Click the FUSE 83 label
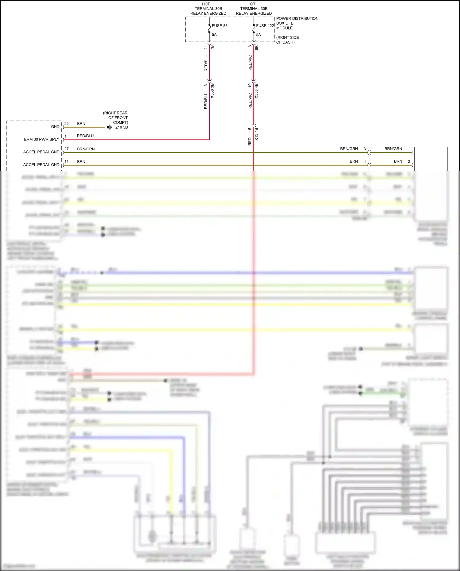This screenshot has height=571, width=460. tap(220, 26)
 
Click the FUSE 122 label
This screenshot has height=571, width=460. tap(265, 26)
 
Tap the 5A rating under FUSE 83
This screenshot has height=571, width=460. tap(214, 35)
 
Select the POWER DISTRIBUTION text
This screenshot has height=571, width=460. tap(297, 18)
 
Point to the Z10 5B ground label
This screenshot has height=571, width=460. tap(121, 127)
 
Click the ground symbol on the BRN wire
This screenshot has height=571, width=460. tap(109, 127)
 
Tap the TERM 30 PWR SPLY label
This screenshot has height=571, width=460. tap(40, 139)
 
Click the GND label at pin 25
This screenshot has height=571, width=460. tap(55, 127)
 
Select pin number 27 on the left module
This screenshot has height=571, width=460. tap(67, 149)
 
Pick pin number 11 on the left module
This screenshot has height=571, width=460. tap(67, 161)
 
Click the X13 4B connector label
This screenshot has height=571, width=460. tap(257, 134)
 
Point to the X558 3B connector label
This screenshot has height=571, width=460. tap(212, 91)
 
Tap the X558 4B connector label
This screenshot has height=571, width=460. tap(257, 91)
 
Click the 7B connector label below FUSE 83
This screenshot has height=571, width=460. tap(212, 48)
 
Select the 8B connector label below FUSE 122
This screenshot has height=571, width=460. tap(257, 48)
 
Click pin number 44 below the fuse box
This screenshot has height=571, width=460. tap(205, 48)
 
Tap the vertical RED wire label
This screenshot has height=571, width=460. tap(250, 141)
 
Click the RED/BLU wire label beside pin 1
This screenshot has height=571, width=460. tap(85, 136)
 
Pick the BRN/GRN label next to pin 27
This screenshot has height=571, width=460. tap(86, 149)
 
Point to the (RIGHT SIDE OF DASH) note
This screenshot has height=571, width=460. tap(287, 40)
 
